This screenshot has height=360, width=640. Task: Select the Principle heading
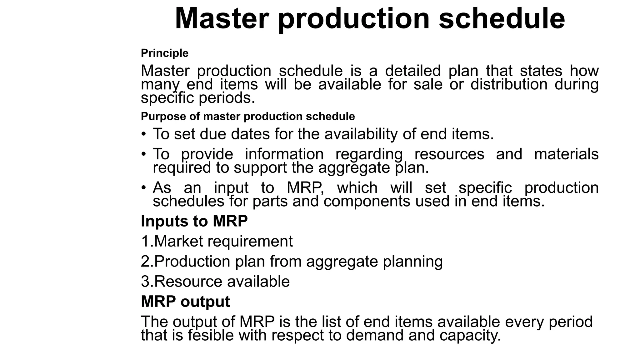coord(165,53)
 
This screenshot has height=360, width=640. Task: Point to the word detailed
coord(412,71)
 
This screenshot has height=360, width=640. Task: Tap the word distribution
coord(509,84)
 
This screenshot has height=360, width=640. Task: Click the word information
coord(284,154)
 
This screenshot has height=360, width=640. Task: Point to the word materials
coord(566,154)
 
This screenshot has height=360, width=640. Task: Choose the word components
coord(367,201)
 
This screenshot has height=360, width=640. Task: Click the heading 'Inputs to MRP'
coord(194,221)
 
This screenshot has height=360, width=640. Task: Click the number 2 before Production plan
coord(145,261)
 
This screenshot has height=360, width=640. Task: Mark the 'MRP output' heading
coord(185,302)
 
